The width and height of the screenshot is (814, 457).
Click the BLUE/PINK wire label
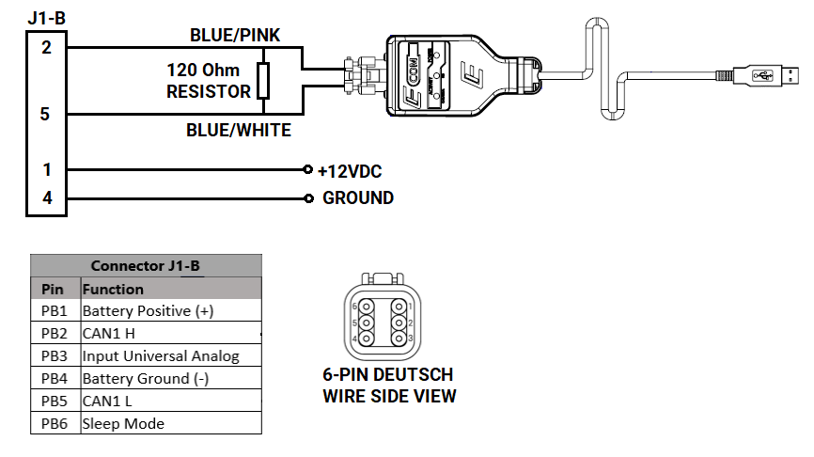click(235, 35)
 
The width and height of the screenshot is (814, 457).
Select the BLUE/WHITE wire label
click(239, 130)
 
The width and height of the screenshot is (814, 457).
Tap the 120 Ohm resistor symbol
click(263, 81)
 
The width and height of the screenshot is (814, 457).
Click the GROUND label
click(358, 198)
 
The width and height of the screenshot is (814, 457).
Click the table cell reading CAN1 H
click(111, 334)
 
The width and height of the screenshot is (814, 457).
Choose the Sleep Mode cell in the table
click(123, 423)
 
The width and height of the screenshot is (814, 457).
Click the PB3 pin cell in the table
click(55, 356)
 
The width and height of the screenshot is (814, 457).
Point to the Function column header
click(114, 289)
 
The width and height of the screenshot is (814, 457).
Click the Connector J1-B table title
click(145, 266)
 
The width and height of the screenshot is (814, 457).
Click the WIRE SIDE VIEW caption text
click(389, 396)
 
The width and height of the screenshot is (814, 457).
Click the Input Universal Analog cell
click(161, 356)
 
